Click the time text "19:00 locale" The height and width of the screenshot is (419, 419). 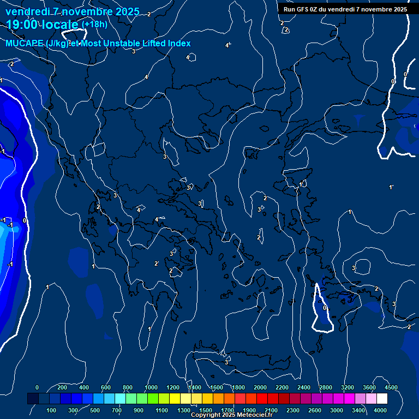click(x=43, y=24)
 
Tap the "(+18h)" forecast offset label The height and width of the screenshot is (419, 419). click(x=94, y=24)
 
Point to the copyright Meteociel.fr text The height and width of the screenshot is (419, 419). click(x=231, y=415)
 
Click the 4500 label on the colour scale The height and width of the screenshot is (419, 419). click(x=391, y=387)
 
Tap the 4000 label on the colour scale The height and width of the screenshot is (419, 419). click(x=380, y=410)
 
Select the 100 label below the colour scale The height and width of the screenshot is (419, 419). click(x=52, y=410)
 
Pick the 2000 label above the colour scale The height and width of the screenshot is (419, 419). click(x=260, y=387)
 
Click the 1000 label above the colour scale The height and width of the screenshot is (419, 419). click(x=152, y=387)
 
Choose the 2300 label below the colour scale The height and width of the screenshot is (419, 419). click(x=292, y=410)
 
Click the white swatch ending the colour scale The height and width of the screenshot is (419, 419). click(x=397, y=399)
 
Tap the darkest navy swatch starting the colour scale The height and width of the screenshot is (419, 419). click(x=33, y=399)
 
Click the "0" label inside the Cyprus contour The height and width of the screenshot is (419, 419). click(x=325, y=308)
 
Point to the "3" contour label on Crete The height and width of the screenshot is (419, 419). click(x=226, y=362)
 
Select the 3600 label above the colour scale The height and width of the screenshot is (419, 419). click(x=369, y=387)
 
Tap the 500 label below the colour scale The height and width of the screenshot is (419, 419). click(x=95, y=410)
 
